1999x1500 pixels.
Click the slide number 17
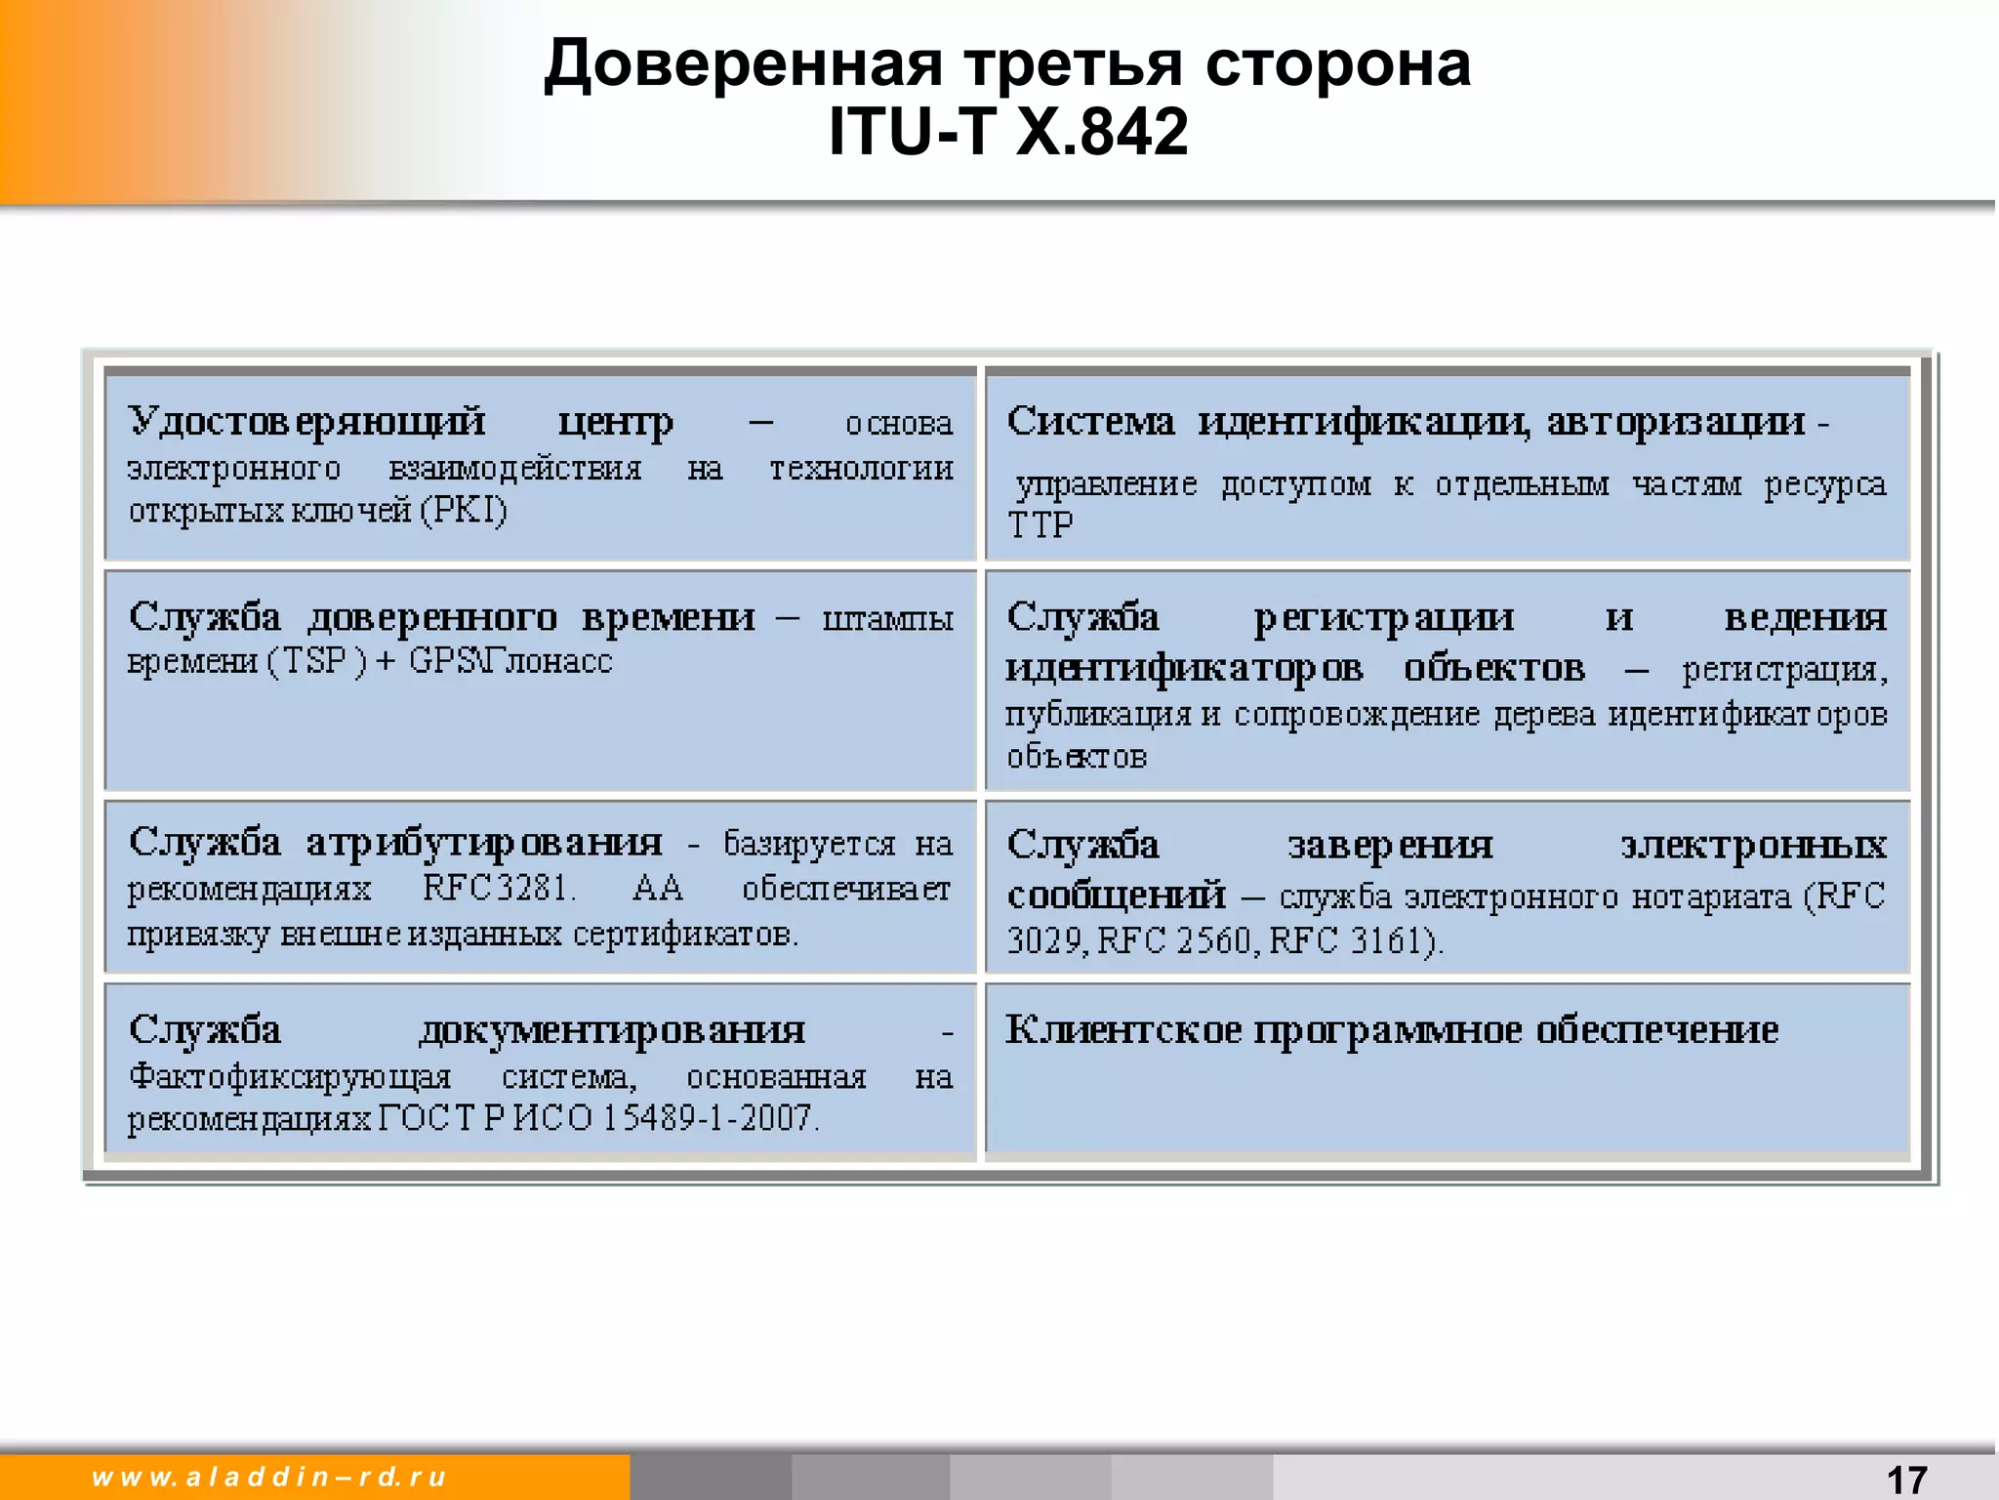point(1906,1479)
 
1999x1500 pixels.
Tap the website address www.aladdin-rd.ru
point(269,1477)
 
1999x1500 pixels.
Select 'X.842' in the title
point(1102,131)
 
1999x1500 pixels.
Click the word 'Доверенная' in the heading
point(743,64)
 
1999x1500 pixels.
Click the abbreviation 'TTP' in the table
point(1040,525)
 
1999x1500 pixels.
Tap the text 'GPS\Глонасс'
point(510,661)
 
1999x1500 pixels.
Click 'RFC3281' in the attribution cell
point(498,888)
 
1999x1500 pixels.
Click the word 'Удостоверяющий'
point(306,422)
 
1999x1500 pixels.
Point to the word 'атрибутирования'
point(484,843)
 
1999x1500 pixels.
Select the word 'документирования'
point(612,1030)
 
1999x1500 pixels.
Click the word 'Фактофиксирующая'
point(290,1076)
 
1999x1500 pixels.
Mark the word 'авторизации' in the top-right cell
point(1676,422)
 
